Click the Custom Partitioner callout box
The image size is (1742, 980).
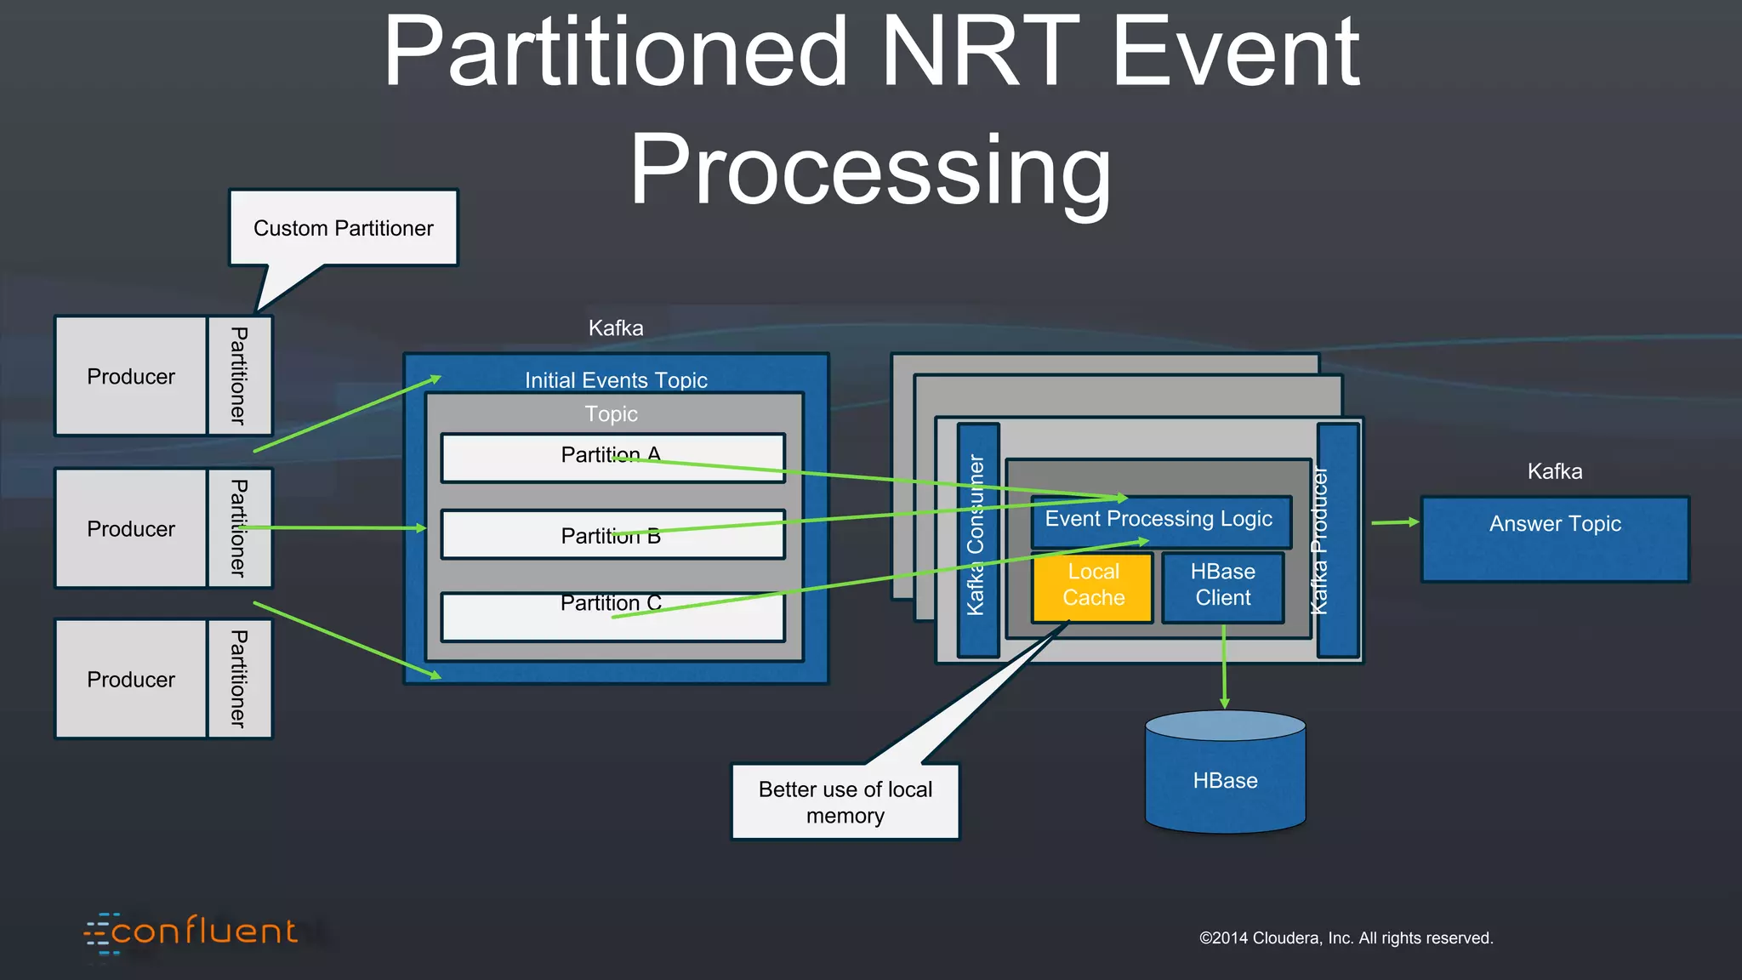(x=344, y=228)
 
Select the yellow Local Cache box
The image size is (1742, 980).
(x=1093, y=587)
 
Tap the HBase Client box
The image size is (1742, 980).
(x=1222, y=587)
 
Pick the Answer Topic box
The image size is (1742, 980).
(x=1555, y=538)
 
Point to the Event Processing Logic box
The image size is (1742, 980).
(x=1158, y=520)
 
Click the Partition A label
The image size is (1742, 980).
(x=611, y=455)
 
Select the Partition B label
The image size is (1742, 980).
(x=611, y=536)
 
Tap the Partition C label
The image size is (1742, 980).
(x=611, y=603)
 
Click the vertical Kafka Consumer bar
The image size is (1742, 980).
(x=977, y=540)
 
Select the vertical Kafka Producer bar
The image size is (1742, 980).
(x=1337, y=540)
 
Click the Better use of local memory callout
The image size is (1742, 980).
(x=845, y=801)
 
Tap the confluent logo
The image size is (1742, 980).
(x=192, y=932)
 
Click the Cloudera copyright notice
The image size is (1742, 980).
(x=1346, y=937)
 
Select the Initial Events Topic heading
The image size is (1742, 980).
(x=616, y=379)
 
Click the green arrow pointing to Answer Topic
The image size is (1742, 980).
(x=1395, y=522)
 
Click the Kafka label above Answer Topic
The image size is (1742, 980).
(x=1554, y=471)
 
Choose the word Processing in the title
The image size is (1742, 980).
(x=869, y=170)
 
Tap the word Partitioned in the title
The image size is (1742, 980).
(x=615, y=53)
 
